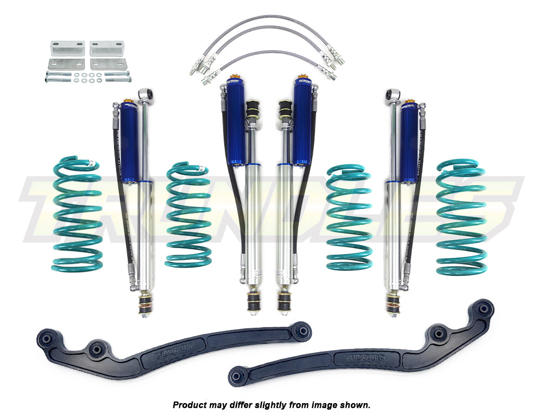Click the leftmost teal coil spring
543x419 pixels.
77,212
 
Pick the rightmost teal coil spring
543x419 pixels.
461,217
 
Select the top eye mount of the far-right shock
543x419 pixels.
393,95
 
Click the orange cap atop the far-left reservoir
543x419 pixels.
127,101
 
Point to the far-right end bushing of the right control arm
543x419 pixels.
485,308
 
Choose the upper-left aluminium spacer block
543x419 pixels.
67,48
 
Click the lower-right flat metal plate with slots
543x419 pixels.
108,64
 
